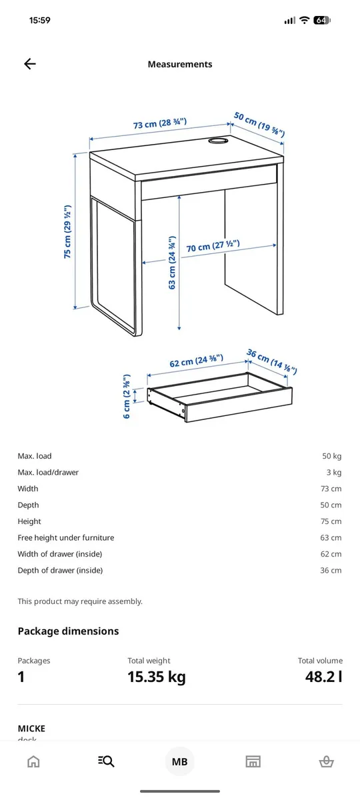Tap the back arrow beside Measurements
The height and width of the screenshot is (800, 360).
pos(30,64)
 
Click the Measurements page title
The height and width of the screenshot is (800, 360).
pos(180,64)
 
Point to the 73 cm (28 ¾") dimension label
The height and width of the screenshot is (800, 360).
pos(160,123)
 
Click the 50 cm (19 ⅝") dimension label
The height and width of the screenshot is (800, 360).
pos(259,124)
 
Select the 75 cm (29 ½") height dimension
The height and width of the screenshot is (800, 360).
pos(67,232)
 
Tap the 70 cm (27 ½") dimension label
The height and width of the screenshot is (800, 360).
pos(213,246)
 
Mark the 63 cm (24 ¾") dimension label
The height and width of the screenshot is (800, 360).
pos(172,263)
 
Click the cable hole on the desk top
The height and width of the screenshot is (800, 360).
pos(217,141)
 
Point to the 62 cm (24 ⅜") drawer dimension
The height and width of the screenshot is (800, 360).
pos(197,361)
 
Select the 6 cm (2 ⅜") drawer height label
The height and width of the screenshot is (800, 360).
pos(127,397)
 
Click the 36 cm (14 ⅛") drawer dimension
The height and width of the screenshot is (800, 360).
pos(271,362)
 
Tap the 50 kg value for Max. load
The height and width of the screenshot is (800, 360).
pos(332,456)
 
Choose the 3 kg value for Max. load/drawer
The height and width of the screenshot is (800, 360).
pos(334,473)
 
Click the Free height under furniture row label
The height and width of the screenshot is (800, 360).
pos(66,538)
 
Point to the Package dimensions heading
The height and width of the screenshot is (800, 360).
pos(68,631)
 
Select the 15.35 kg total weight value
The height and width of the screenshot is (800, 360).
pos(157,677)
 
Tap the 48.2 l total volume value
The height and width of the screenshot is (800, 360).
pos(323,677)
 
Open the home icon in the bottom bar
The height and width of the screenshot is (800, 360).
pos(33,762)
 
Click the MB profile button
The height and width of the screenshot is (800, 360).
pos(179,762)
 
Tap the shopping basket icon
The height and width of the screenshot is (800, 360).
pos(327,762)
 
